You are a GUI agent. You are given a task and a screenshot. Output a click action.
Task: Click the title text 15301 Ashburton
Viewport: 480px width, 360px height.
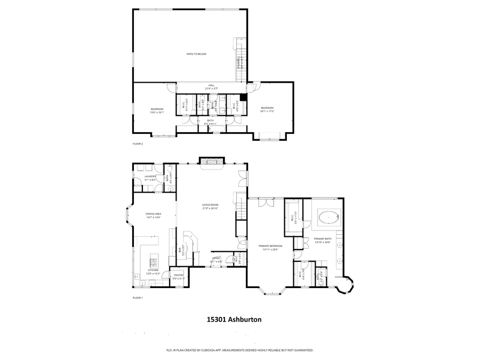234,320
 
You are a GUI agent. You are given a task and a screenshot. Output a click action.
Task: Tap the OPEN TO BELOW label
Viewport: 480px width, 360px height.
196,54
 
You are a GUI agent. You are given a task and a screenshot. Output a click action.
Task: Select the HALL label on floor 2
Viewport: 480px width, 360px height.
211,85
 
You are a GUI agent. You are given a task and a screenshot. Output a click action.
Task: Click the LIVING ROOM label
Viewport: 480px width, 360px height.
210,205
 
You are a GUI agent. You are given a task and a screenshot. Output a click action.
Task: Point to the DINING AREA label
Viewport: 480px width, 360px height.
154,214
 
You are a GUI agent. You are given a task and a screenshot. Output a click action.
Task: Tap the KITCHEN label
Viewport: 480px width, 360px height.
154,270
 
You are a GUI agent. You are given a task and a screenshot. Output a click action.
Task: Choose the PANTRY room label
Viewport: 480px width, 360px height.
179,275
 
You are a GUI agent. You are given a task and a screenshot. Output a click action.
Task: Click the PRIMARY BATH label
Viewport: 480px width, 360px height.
323,238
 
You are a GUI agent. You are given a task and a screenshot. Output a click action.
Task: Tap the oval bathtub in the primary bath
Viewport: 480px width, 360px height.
327,217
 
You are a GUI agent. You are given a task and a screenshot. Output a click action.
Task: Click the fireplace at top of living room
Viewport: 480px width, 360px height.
213,161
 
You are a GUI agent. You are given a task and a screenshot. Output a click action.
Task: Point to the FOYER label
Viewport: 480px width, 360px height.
217,258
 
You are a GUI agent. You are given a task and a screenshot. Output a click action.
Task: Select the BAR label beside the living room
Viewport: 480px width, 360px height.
179,249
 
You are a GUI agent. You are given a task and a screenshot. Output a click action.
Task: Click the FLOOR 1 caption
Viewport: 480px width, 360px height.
138,298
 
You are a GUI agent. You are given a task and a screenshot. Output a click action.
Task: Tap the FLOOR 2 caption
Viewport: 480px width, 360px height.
138,143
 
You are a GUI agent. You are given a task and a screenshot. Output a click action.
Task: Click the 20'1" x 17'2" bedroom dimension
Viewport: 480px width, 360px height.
267,111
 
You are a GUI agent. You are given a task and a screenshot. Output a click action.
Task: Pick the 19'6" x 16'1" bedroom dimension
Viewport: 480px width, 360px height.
157,112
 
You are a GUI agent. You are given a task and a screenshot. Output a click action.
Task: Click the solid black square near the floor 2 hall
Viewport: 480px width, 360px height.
244,98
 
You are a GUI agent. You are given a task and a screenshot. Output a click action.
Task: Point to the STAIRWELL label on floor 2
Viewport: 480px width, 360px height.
238,63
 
